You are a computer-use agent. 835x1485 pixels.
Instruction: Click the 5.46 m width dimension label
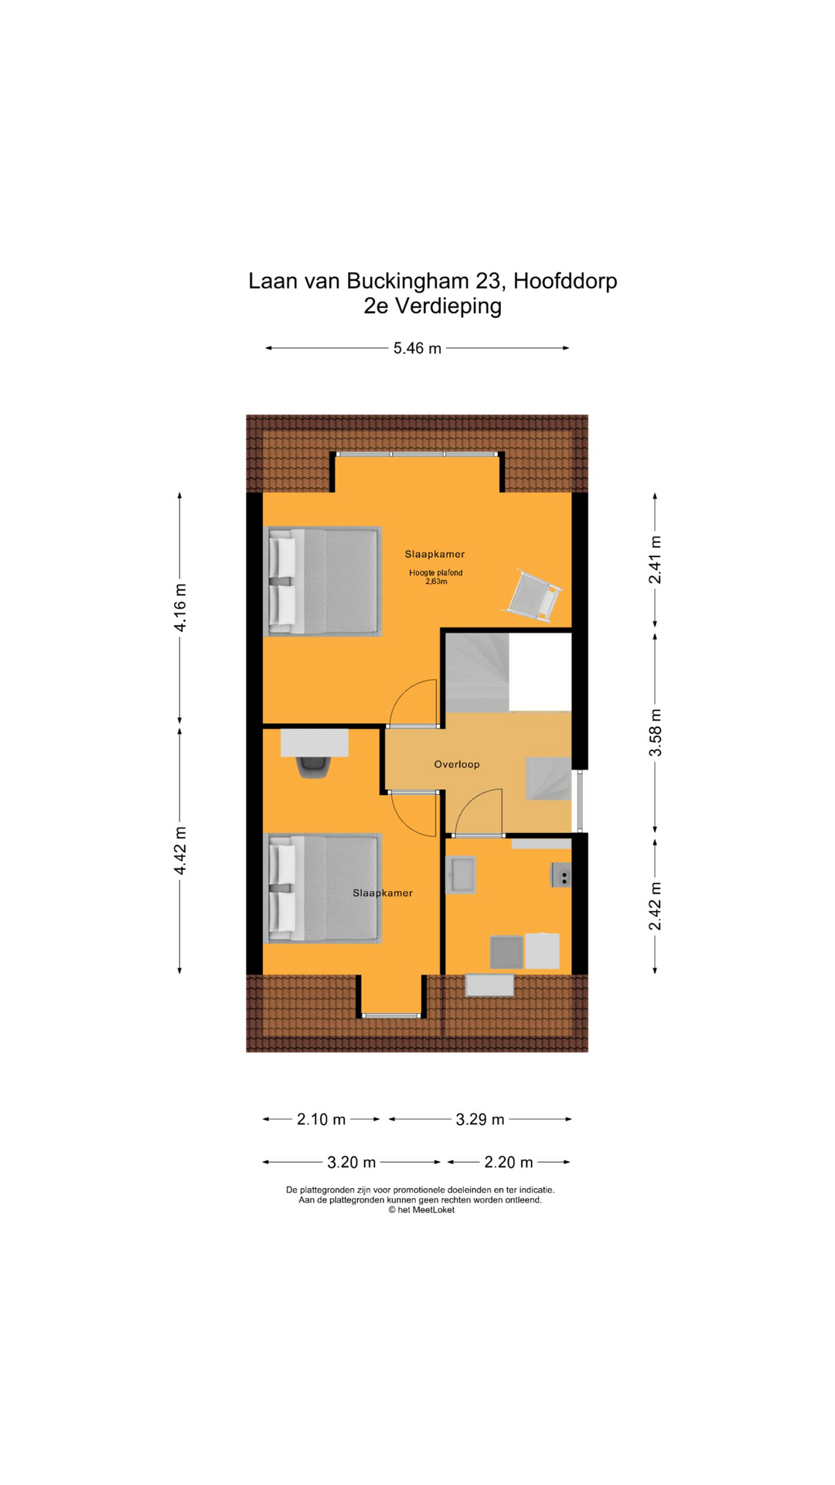coord(417,348)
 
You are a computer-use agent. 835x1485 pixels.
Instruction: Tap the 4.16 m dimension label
coord(180,608)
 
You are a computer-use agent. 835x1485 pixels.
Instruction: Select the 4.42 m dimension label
coord(180,851)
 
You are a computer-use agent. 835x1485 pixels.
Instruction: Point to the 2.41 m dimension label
coord(655,560)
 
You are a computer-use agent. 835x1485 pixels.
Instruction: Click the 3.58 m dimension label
coord(655,732)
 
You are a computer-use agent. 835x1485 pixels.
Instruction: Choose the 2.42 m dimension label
coord(655,906)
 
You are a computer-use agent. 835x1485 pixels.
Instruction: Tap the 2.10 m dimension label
coord(322,1119)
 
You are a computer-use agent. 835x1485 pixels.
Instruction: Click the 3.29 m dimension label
coord(480,1119)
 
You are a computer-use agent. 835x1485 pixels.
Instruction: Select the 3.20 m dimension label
coord(352,1162)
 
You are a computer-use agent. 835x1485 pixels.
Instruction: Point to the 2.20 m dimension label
coord(509,1162)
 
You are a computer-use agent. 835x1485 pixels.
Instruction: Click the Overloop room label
coord(457,764)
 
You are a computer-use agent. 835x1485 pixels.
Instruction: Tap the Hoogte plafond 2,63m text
coord(436,577)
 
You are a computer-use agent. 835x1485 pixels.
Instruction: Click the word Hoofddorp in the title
coord(565,281)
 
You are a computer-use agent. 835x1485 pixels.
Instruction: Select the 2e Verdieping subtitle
coord(433,306)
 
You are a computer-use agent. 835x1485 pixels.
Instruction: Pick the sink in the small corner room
coord(461,876)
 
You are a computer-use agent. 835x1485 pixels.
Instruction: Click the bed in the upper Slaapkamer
coord(323,582)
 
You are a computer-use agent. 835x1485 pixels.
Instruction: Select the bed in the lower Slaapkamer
coord(323,888)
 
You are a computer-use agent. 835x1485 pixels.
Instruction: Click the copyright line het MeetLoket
coord(421,1210)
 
